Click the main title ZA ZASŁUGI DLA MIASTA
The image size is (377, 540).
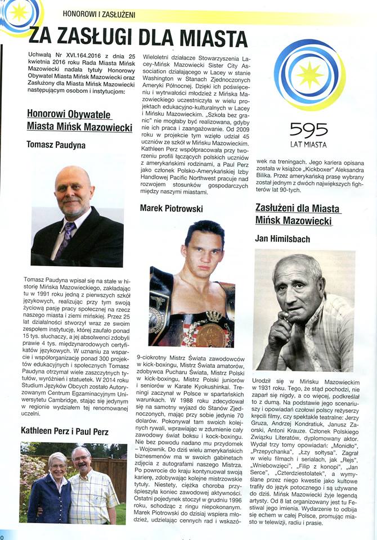pos(138,37)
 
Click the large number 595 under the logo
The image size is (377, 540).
pos(309,130)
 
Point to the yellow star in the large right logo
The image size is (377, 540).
pos(310,75)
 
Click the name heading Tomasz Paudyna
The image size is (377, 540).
pos(56,145)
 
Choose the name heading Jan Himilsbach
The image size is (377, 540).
pos(282,239)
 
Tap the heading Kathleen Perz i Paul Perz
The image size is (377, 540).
pos(64,431)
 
